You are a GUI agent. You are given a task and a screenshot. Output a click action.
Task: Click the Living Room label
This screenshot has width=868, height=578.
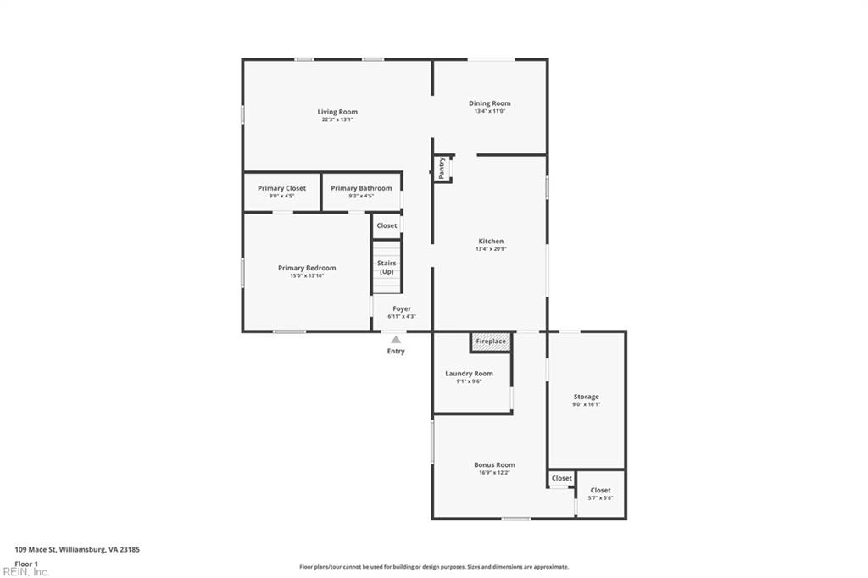[x=337, y=112]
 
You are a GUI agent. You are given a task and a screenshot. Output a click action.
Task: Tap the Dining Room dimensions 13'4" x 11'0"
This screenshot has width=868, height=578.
[x=490, y=111]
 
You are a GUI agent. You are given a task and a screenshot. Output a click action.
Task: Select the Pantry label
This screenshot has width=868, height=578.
[x=442, y=168]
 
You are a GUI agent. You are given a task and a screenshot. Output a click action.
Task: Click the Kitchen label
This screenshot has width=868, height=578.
[x=491, y=242]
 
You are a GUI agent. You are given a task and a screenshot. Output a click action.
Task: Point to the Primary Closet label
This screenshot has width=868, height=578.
[x=282, y=188]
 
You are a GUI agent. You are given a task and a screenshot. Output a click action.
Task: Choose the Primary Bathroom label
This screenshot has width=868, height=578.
[x=361, y=188]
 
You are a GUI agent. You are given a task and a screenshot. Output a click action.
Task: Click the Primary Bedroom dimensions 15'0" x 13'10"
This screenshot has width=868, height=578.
[x=307, y=275]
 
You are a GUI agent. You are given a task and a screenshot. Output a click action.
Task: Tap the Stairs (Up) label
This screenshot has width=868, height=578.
[x=387, y=267]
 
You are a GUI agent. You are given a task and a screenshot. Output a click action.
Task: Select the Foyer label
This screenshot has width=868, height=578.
[x=402, y=309]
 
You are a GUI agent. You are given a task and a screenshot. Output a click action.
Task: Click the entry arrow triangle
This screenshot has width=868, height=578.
[x=396, y=340]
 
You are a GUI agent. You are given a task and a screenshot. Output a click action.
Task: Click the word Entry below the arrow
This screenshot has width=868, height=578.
[x=396, y=351]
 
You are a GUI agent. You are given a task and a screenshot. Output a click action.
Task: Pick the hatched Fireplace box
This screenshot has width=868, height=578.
[x=491, y=342]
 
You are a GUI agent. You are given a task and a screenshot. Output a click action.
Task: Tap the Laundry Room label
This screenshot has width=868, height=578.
[x=469, y=374]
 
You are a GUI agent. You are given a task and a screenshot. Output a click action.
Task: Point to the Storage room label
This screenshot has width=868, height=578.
[x=586, y=397]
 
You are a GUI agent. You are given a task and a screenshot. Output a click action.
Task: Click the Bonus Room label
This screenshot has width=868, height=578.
[x=494, y=464]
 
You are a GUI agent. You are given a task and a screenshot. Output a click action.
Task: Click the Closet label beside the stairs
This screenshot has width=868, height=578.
[x=387, y=225]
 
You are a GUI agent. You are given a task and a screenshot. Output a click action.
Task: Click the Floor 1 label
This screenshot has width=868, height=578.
[x=26, y=563]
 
